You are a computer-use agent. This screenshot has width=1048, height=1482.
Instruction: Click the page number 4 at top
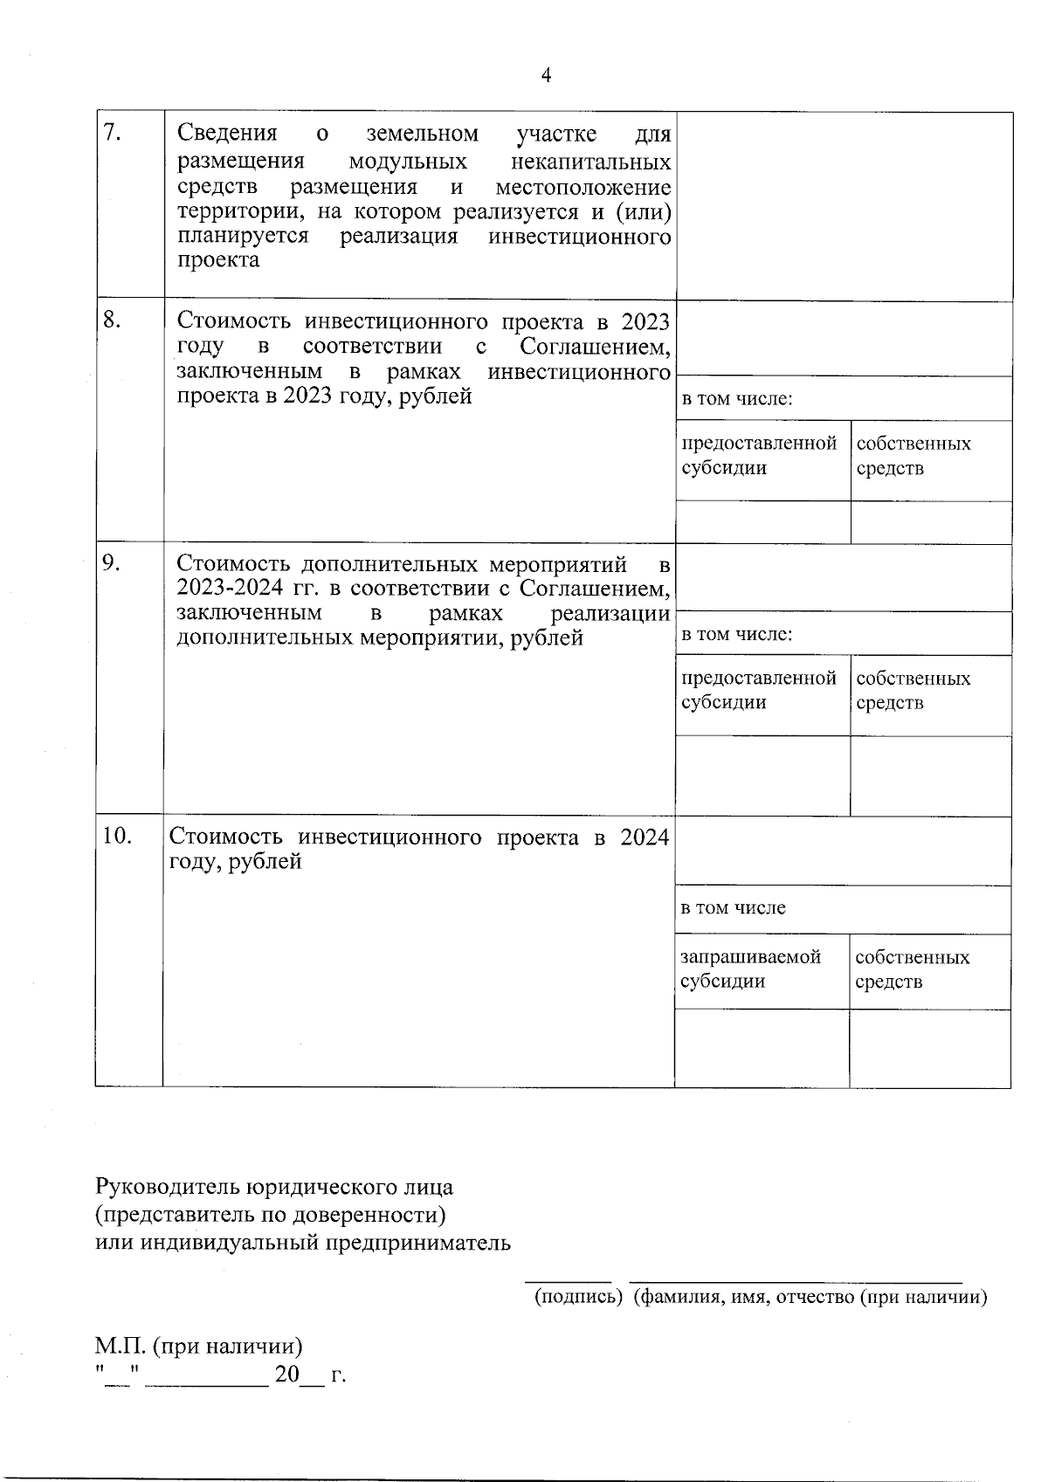[546, 75]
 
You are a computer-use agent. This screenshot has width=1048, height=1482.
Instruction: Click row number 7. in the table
[111, 133]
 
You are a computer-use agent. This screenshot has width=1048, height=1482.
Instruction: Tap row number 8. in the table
[112, 320]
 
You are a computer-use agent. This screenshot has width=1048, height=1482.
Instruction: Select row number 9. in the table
[112, 562]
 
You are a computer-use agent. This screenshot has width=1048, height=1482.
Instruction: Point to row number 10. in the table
[117, 836]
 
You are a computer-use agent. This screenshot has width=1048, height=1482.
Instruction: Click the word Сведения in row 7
[226, 133]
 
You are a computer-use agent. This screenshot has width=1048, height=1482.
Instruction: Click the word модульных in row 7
[407, 162]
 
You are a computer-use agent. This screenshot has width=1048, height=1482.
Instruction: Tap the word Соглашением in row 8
[596, 347]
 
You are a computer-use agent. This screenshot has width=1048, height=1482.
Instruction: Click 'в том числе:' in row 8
[736, 399]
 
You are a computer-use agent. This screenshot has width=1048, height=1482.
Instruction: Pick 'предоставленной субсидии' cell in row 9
[759, 691]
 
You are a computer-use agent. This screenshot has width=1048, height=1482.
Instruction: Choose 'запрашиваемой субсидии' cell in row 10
[750, 969]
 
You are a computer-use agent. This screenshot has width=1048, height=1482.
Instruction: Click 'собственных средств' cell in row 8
[914, 456]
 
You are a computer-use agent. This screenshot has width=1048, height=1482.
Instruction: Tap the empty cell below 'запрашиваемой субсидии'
[761, 1048]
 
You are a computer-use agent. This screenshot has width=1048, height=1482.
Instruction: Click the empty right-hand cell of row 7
[844, 205]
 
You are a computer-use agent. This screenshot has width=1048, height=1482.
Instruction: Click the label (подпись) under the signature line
[577, 1297]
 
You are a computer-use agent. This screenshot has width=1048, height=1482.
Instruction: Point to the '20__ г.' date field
[309, 1375]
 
